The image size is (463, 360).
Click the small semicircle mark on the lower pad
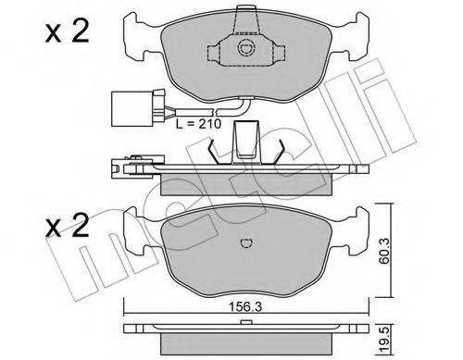tap(246, 242)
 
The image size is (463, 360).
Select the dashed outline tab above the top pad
tap(245, 14)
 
